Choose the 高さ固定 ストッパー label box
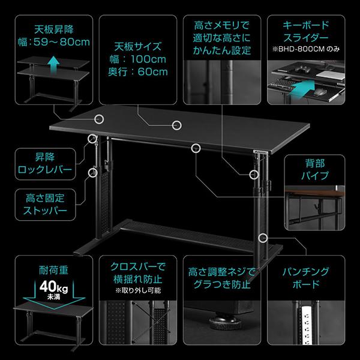[x=45, y=205]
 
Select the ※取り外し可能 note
[x=134, y=291]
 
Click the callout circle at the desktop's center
[x=176, y=125]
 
